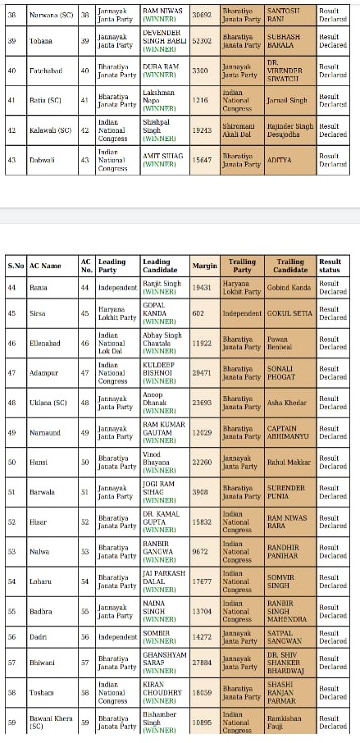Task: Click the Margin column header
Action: click(204, 266)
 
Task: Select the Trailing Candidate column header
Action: click(289, 266)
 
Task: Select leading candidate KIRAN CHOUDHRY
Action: click(159, 691)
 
